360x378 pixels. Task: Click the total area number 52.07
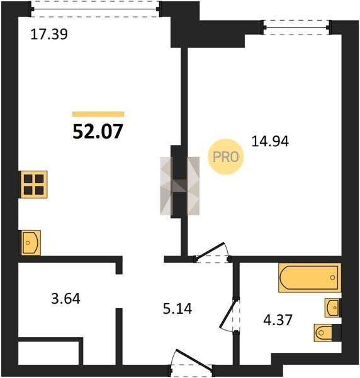(x=98, y=132)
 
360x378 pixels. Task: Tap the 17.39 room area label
(x=49, y=34)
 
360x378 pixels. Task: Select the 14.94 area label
(x=270, y=142)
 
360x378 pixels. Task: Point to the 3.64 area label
(x=65, y=299)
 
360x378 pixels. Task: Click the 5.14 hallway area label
(x=177, y=309)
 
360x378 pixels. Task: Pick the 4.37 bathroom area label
(x=278, y=320)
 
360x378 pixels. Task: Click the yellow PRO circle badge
(x=226, y=157)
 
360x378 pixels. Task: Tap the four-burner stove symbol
(x=34, y=185)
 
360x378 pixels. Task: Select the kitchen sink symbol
(x=31, y=243)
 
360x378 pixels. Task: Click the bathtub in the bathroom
(x=310, y=278)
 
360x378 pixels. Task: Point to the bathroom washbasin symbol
(x=333, y=308)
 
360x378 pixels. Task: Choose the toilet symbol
(x=327, y=333)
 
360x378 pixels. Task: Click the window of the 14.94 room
(x=296, y=28)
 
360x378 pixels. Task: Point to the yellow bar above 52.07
(x=98, y=114)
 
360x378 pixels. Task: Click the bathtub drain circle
(x=332, y=277)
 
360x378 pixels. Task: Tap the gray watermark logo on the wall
(x=179, y=186)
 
